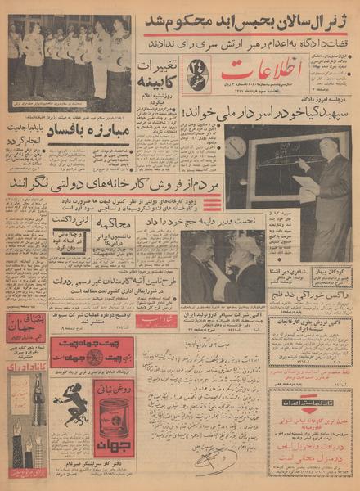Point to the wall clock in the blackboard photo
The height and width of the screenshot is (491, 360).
[233, 147]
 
